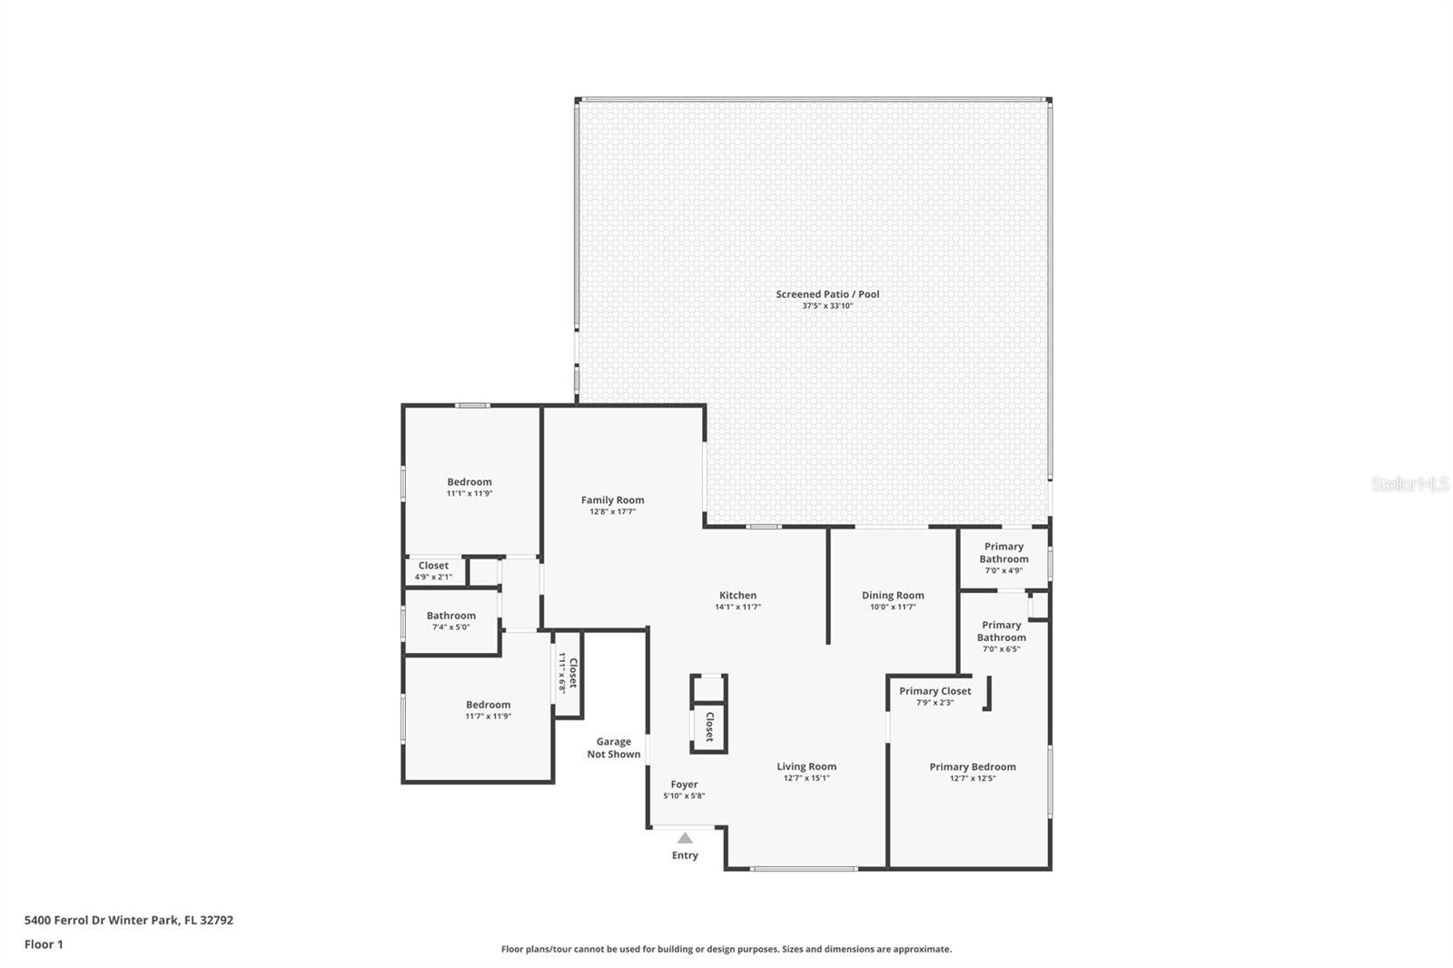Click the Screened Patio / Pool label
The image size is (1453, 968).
click(x=827, y=294)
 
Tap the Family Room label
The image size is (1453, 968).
click(x=612, y=500)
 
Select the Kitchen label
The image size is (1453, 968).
click(x=737, y=596)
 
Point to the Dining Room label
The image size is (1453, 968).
click(x=893, y=596)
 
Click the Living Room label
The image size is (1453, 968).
click(x=806, y=767)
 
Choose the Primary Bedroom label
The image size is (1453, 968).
click(x=973, y=767)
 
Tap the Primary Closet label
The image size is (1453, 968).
click(x=934, y=692)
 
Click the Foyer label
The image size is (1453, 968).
click(x=684, y=785)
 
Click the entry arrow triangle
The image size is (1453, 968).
click(x=685, y=838)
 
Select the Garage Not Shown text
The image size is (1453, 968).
click(x=614, y=748)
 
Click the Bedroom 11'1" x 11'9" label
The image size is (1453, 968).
click(x=469, y=488)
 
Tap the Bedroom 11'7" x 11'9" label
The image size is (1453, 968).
click(x=488, y=710)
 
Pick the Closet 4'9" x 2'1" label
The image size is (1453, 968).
click(x=433, y=571)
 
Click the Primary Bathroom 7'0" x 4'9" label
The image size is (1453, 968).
click(x=1003, y=558)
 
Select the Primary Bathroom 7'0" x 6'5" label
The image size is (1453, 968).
click(x=1002, y=637)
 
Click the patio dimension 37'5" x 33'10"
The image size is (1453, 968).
click(x=827, y=306)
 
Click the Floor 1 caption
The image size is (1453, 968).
click(x=44, y=944)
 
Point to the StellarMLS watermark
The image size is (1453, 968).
click(x=1410, y=484)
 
